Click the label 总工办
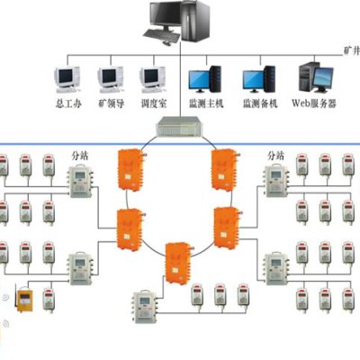click(68, 103)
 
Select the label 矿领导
click(112, 103)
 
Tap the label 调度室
click(154, 103)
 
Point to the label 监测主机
click(206, 103)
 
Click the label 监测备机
click(260, 103)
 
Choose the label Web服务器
click(314, 103)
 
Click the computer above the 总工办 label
click(67, 79)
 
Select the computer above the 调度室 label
click(153, 79)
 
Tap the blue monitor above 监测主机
click(199, 80)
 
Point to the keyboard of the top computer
click(162, 36)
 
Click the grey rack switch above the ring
click(181, 126)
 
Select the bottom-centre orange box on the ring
click(178, 263)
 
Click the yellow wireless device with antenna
click(24, 300)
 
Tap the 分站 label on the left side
click(80, 156)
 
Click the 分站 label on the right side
click(275, 156)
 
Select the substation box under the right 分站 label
click(277, 181)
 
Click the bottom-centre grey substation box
click(145, 307)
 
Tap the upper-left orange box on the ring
click(130, 169)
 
